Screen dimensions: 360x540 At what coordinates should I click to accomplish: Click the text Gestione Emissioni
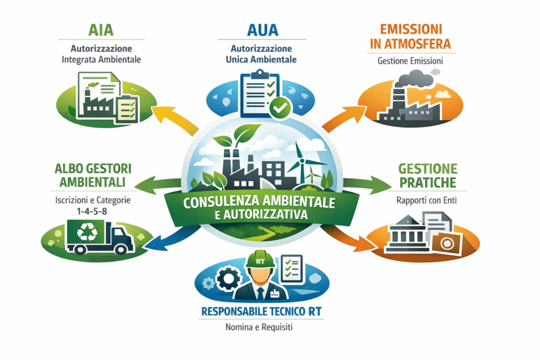click(410, 61)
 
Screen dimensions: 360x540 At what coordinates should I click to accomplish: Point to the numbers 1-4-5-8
click(92, 211)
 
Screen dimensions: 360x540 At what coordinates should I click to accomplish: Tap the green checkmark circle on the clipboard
click(279, 108)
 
